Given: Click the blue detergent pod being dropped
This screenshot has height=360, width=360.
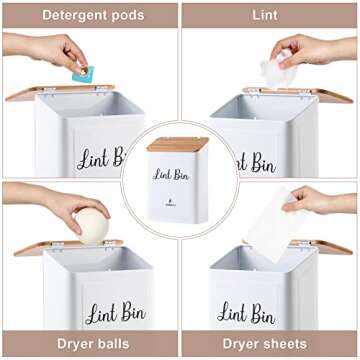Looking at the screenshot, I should [82, 73].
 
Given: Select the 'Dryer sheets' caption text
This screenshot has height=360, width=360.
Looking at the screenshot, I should [268, 343].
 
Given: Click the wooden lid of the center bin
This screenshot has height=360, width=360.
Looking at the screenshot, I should [178, 144].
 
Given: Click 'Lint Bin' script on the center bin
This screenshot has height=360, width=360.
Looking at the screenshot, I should [172, 174].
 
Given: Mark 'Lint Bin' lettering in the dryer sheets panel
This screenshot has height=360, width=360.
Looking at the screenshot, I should [246, 313].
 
